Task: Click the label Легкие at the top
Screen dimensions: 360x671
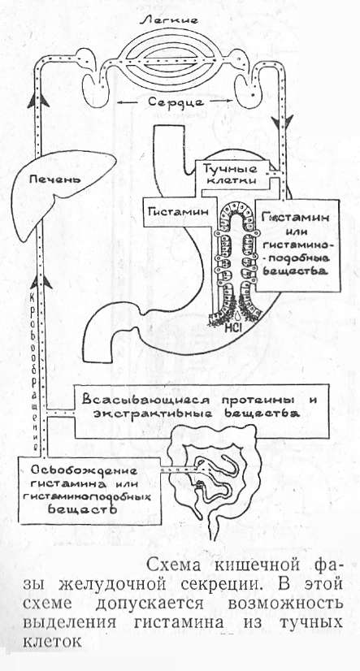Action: click(x=176, y=20)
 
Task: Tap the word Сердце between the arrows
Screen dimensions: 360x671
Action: click(x=178, y=104)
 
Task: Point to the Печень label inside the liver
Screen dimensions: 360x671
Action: click(x=54, y=179)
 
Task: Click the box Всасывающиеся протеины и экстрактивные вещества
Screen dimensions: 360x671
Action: click(x=202, y=411)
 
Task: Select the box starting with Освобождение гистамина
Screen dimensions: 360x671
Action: click(x=89, y=491)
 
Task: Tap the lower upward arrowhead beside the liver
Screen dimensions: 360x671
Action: click(x=41, y=283)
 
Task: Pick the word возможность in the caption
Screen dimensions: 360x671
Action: click(x=284, y=604)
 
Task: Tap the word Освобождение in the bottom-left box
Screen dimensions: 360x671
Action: click(x=84, y=470)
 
